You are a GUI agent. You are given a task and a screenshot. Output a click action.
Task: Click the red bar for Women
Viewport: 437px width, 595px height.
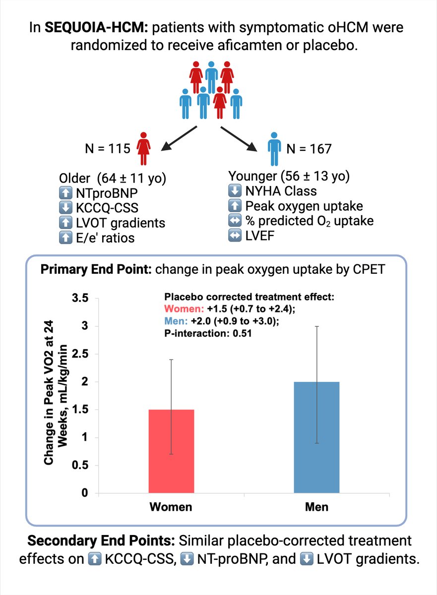click(171, 451)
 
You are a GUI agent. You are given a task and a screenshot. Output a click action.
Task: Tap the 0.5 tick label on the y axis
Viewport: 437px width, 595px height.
click(80, 466)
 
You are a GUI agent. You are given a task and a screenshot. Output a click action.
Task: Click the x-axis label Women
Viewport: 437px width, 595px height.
click(171, 507)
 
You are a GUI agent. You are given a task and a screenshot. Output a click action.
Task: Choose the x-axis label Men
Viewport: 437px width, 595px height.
click(316, 507)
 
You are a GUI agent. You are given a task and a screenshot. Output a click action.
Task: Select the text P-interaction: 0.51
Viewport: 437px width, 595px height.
click(208, 334)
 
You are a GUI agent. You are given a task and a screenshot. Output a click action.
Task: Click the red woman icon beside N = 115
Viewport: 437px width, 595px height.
click(144, 148)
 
